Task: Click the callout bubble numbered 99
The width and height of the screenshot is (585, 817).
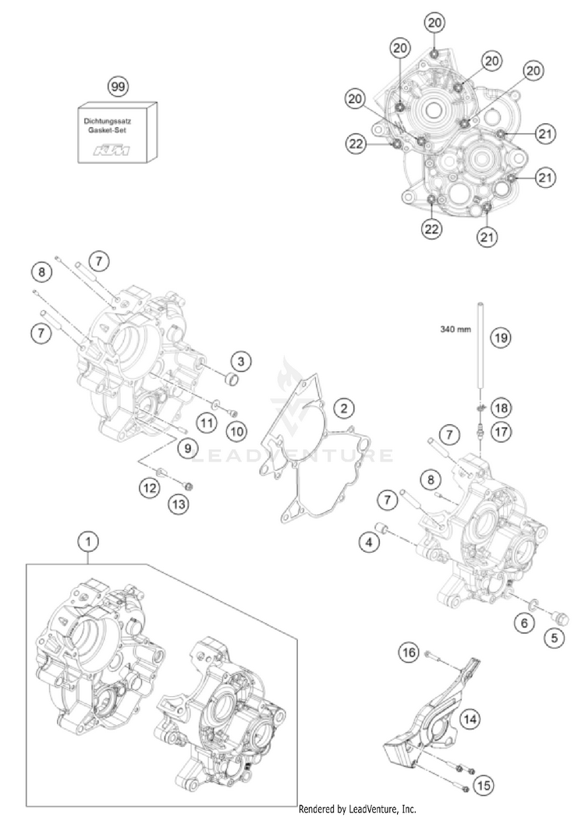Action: click(x=118, y=86)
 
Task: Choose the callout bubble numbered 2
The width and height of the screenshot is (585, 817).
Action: click(x=343, y=407)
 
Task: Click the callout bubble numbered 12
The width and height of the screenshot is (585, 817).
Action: click(x=150, y=488)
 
